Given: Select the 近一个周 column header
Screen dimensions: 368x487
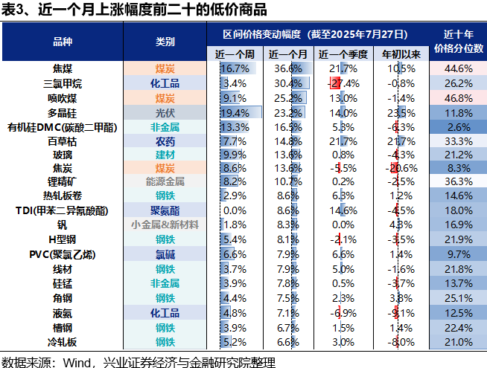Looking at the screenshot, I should (x=235, y=54).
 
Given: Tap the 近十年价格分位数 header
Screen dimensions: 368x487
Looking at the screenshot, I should (x=458, y=41).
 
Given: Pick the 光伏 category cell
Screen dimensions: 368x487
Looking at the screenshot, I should (x=165, y=112).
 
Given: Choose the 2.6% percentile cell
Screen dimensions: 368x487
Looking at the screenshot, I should (x=458, y=127).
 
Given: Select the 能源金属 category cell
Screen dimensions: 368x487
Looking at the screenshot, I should (x=165, y=181).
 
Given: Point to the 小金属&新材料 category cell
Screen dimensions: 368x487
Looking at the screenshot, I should (x=165, y=225).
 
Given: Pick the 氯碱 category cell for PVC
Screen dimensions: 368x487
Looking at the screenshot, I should (x=165, y=254).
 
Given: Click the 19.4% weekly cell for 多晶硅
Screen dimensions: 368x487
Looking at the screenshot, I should (x=235, y=112).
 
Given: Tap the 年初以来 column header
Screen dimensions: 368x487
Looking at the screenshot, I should (x=402, y=54).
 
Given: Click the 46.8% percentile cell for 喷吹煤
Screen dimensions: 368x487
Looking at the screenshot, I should (x=458, y=97).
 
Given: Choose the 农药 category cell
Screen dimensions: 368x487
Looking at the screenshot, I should (x=165, y=141).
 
